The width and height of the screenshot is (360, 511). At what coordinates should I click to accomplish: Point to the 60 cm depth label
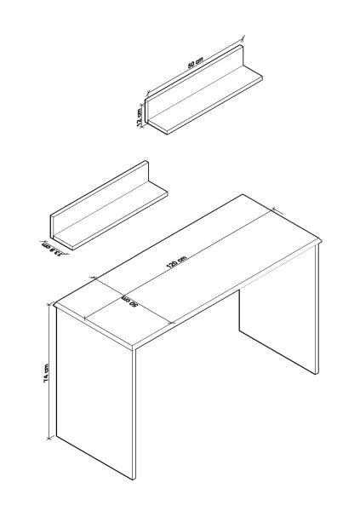click(130, 303)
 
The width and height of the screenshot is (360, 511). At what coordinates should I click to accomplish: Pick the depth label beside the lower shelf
click(53, 248)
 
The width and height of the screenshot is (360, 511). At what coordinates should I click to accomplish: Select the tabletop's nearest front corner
click(136, 348)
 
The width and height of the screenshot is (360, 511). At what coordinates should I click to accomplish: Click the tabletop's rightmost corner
click(323, 243)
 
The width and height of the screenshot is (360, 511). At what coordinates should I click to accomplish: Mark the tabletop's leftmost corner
click(53, 303)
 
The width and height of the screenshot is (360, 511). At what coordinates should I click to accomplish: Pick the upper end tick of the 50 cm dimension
click(243, 37)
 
